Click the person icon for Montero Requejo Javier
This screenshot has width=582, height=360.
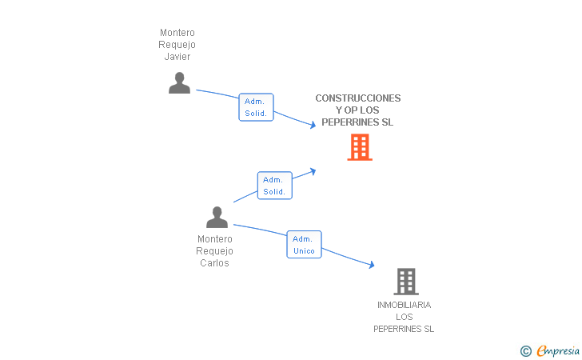[179, 83]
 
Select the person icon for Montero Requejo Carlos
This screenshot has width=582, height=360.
[217, 218]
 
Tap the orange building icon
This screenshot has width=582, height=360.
[360, 147]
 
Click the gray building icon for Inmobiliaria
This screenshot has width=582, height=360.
[406, 282]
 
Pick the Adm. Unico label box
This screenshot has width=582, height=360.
[304, 245]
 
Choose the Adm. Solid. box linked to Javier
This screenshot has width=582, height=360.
[256, 107]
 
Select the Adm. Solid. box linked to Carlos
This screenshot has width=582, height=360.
[275, 186]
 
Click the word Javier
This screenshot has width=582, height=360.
[177, 57]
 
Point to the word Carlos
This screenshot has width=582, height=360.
[214, 263]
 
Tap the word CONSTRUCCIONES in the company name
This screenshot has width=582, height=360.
[358, 98]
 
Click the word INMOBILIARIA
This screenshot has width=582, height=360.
[405, 305]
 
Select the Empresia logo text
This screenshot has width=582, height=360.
[558, 350]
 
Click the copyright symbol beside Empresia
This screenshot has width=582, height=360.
[526, 351]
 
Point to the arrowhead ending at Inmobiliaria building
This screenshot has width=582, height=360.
[372, 265]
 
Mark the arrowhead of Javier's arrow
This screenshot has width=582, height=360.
[313, 126]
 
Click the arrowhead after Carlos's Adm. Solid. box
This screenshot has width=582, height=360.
[313, 171]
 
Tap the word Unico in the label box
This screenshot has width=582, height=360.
[304, 251]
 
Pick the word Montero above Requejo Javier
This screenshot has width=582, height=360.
[177, 33]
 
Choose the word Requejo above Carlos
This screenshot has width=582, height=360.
[214, 251]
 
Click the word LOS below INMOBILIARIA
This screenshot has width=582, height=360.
[405, 317]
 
